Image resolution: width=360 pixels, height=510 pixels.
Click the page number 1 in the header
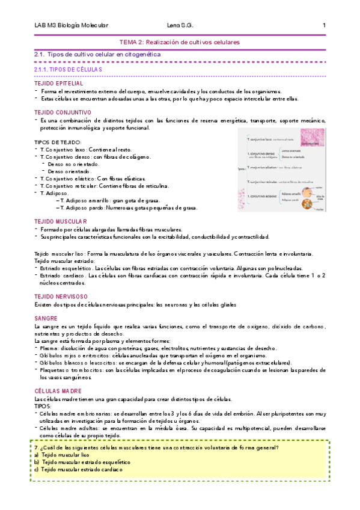(325, 25)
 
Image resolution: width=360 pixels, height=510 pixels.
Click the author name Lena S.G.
(179, 25)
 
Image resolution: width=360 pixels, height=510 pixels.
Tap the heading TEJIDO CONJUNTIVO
(63, 112)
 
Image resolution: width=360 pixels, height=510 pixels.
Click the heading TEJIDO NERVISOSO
(61, 296)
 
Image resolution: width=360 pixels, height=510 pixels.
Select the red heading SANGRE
(46, 317)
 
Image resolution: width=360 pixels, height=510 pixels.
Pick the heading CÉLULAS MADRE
(58, 390)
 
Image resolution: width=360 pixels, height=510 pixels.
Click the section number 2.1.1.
(44, 69)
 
